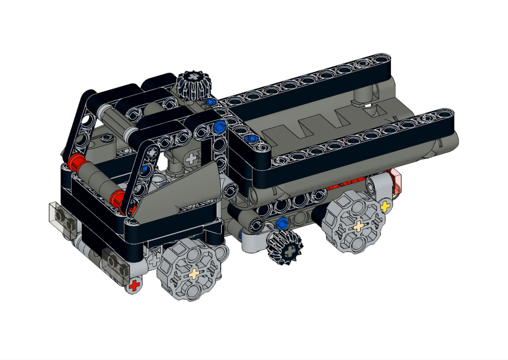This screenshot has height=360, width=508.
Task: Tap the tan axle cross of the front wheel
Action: pos(194,274)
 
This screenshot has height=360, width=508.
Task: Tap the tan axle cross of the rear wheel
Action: pos(359,226)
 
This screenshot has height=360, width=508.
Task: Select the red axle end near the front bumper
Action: pos(134,285)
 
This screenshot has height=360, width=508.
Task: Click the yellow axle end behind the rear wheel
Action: pos(386,206)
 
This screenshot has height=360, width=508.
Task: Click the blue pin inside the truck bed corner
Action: pos(250,138)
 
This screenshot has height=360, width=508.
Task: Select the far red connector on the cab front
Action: pos(77,163)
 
